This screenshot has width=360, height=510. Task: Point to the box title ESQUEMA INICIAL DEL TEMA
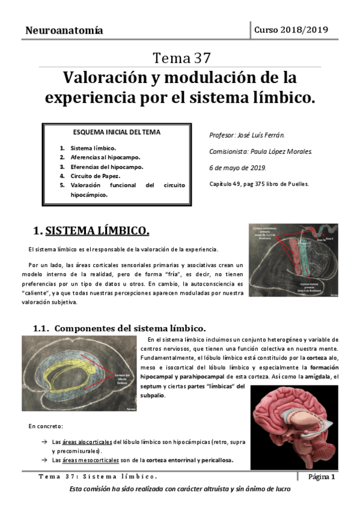pyautogui.click(x=117, y=132)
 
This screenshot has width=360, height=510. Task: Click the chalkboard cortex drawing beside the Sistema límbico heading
pyautogui.click(x=297, y=262)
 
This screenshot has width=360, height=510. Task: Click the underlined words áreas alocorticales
pyautogui.click(x=88, y=441)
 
